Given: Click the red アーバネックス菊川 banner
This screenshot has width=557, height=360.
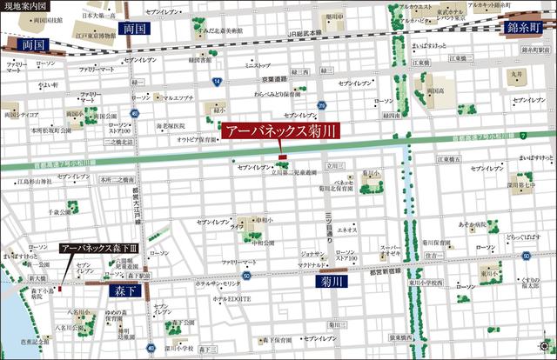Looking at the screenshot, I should pos(280,133).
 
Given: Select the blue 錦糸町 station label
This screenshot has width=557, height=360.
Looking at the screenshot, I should pos(526,28).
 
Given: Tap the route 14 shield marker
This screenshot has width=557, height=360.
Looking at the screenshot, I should pos(216,80).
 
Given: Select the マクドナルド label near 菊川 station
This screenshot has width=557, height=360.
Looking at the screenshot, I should pos(312,263).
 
